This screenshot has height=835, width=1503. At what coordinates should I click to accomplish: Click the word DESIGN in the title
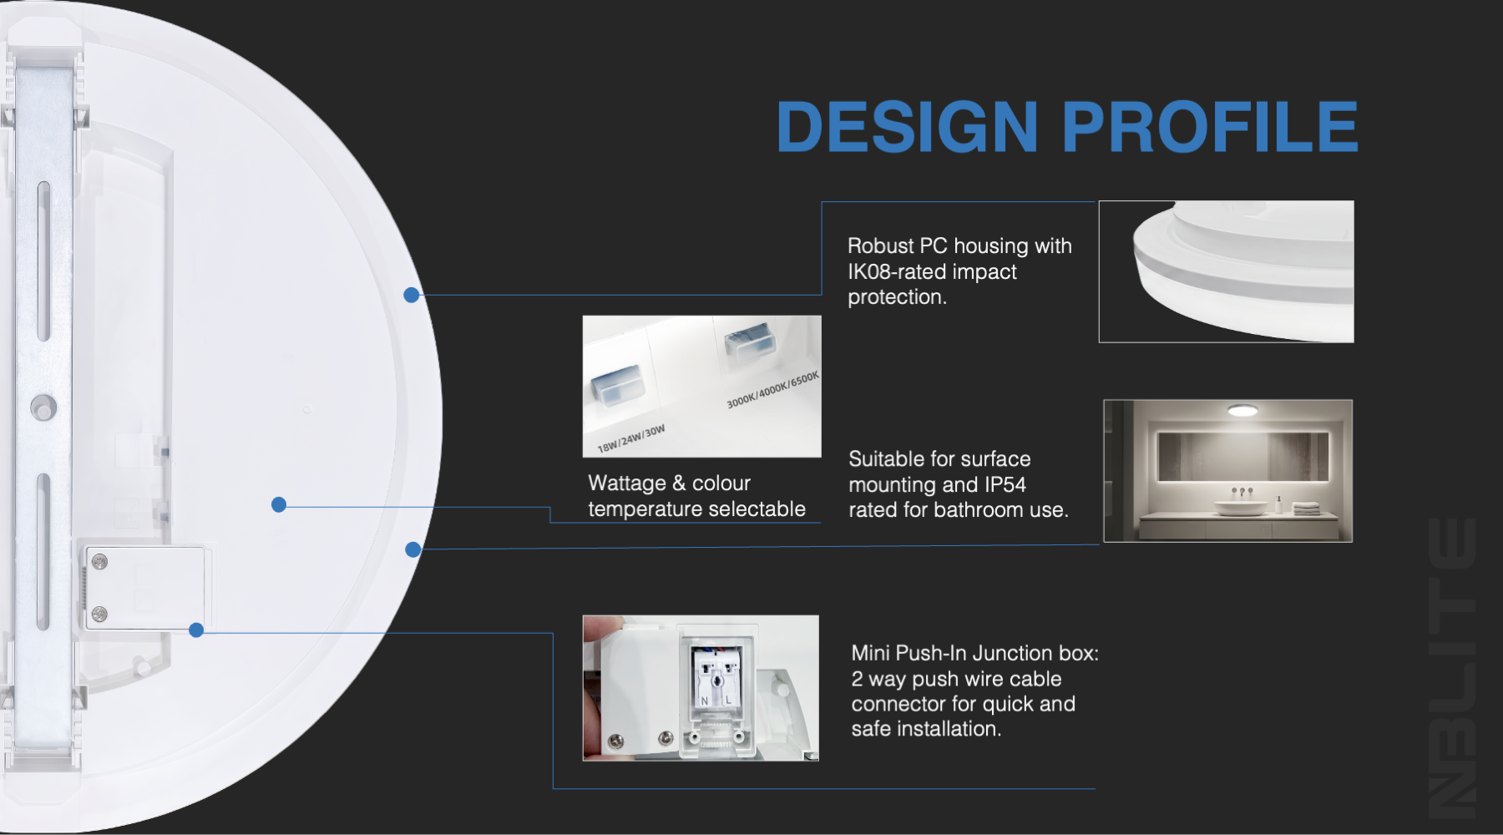908,127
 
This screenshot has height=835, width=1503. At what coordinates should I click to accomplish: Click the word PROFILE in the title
1210,127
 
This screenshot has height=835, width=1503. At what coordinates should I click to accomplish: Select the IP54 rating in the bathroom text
1005,484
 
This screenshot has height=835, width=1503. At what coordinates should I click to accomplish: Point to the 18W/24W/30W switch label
631,438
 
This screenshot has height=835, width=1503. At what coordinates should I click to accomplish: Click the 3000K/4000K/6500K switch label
772,390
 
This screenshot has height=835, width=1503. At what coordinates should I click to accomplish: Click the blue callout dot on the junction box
196,630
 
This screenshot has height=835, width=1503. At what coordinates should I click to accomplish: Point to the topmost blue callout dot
411,295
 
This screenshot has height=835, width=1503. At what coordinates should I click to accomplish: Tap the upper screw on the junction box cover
99,562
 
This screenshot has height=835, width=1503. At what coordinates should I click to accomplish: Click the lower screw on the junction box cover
99,615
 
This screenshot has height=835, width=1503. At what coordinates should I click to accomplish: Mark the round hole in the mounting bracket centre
43,408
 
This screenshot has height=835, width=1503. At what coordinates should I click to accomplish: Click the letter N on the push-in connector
705,701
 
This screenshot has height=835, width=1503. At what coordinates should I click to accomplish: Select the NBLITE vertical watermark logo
1451,667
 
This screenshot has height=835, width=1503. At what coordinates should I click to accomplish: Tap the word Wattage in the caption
627,483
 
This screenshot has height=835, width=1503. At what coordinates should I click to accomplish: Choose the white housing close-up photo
1226,271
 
